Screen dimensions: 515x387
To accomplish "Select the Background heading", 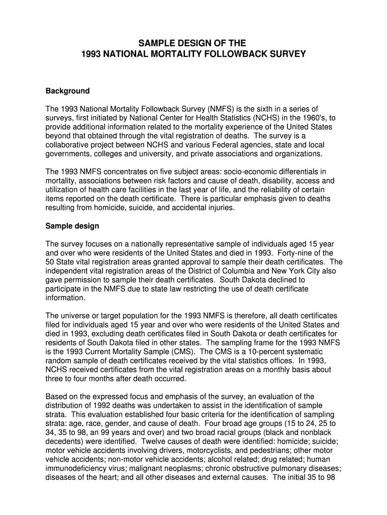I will pyautogui.click(x=67, y=91).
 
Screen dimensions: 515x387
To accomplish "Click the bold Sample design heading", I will pyautogui.click(x=72, y=226).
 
